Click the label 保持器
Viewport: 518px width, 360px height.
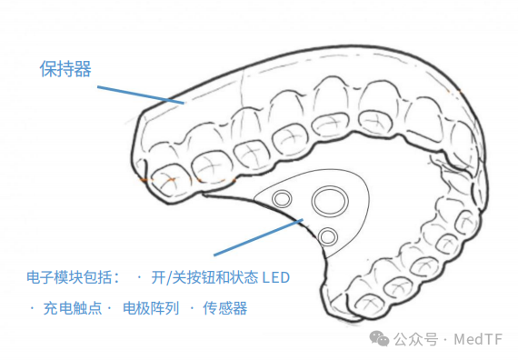click(65, 69)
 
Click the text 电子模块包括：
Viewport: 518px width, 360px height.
click(73, 277)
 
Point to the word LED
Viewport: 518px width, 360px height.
click(276, 277)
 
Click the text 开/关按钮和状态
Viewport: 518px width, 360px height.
click(204, 277)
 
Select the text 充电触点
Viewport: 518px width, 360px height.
click(73, 308)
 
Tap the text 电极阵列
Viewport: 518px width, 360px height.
click(151, 308)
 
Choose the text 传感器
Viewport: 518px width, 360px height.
click(225, 308)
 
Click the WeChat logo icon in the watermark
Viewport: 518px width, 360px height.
click(379, 338)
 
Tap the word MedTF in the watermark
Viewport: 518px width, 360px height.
click(478, 339)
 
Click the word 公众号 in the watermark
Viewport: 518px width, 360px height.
click(415, 339)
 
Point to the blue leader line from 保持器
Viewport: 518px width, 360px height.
click(140, 95)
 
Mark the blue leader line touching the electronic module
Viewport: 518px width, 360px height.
click(258, 237)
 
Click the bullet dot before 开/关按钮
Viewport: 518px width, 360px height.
click(139, 277)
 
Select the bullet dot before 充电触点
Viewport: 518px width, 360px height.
click(32, 308)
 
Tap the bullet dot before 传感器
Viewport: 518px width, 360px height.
click(192, 308)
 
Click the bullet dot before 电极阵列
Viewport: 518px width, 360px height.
click(109, 308)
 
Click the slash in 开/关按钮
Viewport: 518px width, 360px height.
click(168, 277)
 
